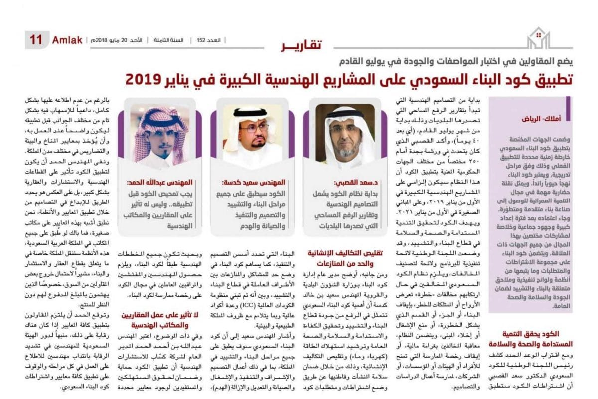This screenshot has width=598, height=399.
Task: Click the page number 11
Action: [x=36, y=40]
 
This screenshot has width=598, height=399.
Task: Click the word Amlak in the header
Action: [x=67, y=40]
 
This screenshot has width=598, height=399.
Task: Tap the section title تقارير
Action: [x=300, y=46]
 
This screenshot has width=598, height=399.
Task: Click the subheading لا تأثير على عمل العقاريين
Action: [x=158, y=314]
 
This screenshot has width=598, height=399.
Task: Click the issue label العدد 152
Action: [x=205, y=40]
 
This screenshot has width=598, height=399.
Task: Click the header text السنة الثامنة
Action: [x=169, y=40]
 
